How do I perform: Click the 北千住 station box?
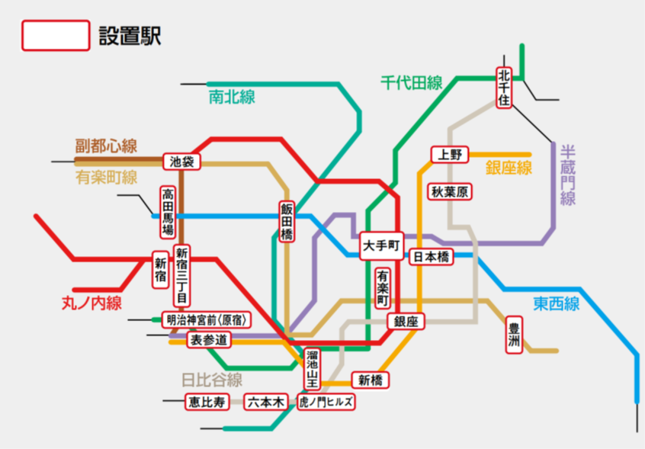(504, 88)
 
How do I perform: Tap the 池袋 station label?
(181, 162)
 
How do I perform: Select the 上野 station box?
(450, 155)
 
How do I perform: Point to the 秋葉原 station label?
(450, 191)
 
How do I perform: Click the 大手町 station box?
(380, 245)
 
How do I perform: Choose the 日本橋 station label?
(432, 257)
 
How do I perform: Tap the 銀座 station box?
(406, 322)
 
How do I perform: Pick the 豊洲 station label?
(515, 335)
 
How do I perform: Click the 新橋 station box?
(371, 380)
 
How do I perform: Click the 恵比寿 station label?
(207, 402)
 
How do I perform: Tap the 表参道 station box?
(208, 339)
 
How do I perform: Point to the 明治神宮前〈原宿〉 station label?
(207, 319)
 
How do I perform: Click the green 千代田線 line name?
(412, 83)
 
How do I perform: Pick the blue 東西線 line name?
(556, 303)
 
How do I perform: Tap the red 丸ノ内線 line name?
(91, 303)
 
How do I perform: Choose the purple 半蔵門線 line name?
(567, 175)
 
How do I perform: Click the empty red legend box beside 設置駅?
(56, 36)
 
